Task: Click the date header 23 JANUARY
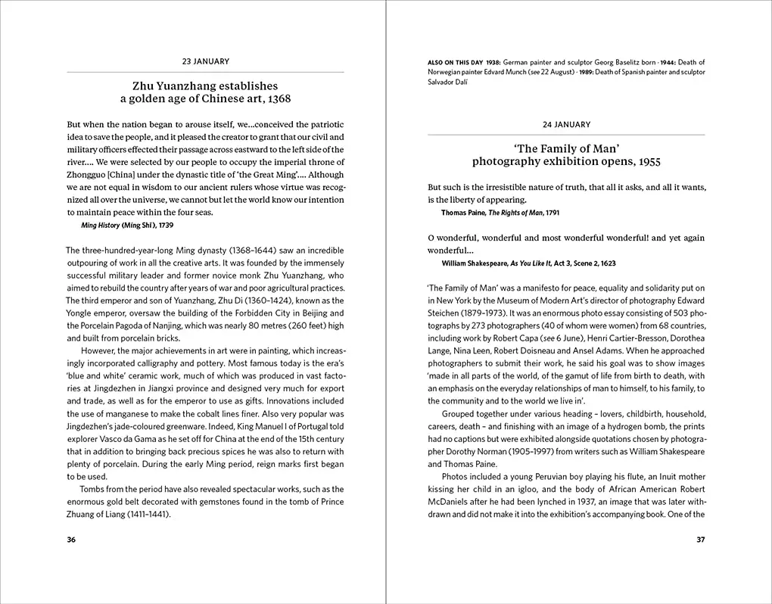tap(206, 61)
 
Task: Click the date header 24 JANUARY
tap(566, 124)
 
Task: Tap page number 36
tap(71, 540)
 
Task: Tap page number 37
tap(700, 540)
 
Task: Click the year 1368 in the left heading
tap(277, 99)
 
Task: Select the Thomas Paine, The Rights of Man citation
tap(500, 213)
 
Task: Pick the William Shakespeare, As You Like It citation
tap(528, 263)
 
